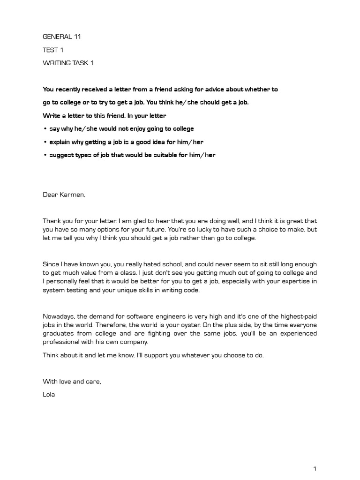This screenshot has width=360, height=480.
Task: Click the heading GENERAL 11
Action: click(62, 37)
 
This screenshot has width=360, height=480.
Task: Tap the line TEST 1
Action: click(53, 50)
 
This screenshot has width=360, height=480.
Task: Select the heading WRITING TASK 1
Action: click(68, 63)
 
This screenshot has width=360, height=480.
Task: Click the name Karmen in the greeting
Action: click(72, 194)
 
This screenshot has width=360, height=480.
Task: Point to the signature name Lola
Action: click(49, 394)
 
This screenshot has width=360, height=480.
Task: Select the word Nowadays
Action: click(59, 316)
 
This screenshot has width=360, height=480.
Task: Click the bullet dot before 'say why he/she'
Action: click(45, 129)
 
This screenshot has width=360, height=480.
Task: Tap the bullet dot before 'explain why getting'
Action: click(45, 142)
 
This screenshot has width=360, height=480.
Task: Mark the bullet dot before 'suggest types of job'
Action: click(45, 155)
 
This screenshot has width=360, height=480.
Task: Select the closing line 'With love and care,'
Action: click(72, 382)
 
